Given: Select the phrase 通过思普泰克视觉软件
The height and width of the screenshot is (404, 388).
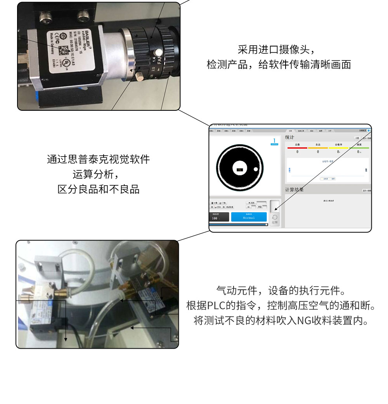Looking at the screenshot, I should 98,159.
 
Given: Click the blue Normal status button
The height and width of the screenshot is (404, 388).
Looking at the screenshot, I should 249,217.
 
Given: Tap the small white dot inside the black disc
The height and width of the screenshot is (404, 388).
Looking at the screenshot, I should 256,169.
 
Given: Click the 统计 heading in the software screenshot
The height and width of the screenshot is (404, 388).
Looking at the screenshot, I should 290,138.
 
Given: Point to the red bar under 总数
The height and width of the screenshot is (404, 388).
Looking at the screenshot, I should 297,148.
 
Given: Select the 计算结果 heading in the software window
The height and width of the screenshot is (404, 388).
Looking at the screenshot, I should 294,190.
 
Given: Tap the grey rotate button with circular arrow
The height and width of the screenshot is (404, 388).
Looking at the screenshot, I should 275,219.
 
